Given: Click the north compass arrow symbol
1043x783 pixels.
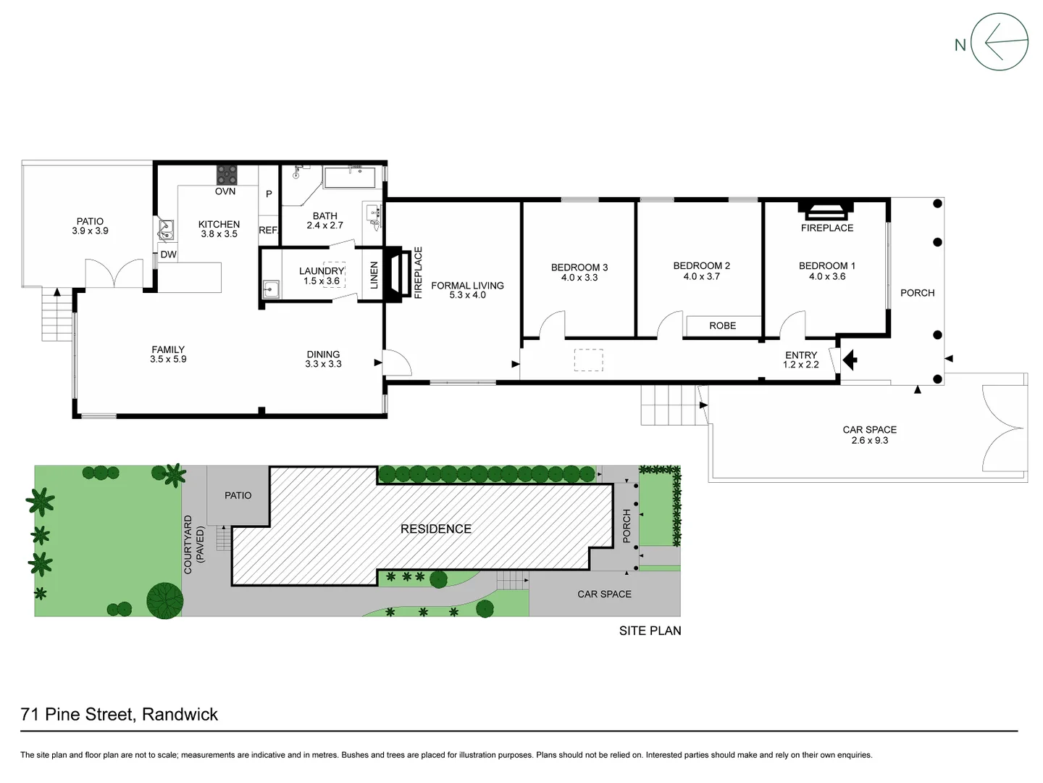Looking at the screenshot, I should click(x=999, y=42).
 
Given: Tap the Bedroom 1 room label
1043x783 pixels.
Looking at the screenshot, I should click(x=826, y=266).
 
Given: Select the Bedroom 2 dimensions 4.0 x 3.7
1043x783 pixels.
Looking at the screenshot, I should click(x=701, y=276).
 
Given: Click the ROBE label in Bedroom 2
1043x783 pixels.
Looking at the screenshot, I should click(x=722, y=326).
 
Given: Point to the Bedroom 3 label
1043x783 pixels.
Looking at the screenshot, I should click(x=579, y=268).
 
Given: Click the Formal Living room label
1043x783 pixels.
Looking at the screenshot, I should click(x=467, y=286).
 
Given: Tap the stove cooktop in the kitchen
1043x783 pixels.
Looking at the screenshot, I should click(x=227, y=175).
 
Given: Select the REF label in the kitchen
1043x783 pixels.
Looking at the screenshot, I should click(x=268, y=230).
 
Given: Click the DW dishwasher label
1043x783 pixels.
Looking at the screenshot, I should click(x=168, y=254).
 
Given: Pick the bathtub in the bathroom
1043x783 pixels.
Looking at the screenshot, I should click(x=350, y=178).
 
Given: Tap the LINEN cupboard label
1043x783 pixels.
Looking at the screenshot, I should click(x=374, y=275).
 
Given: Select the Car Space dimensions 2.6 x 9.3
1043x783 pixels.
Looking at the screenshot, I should click(x=869, y=440).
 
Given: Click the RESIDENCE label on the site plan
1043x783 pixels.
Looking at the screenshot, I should click(x=435, y=529).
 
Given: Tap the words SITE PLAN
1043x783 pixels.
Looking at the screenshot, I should click(x=650, y=631).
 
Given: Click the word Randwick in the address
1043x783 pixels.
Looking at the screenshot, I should click(x=180, y=714).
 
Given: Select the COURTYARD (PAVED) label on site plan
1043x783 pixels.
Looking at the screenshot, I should click(x=193, y=544).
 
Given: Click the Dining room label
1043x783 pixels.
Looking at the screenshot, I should click(x=323, y=355).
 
